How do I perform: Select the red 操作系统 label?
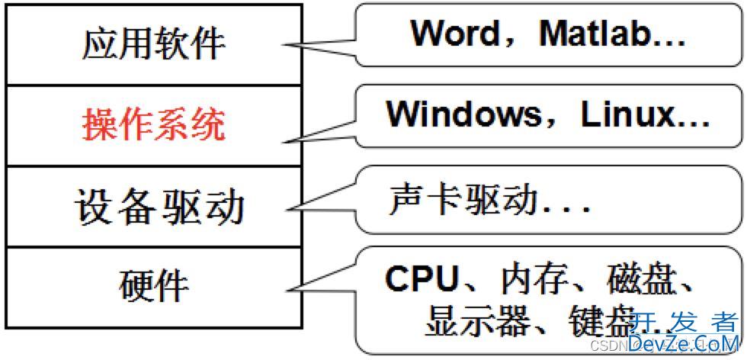click(x=154, y=124)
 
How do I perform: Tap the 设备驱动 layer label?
click(x=159, y=206)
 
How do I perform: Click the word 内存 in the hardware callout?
click(x=531, y=280)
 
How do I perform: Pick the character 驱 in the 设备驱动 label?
click(x=183, y=206)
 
